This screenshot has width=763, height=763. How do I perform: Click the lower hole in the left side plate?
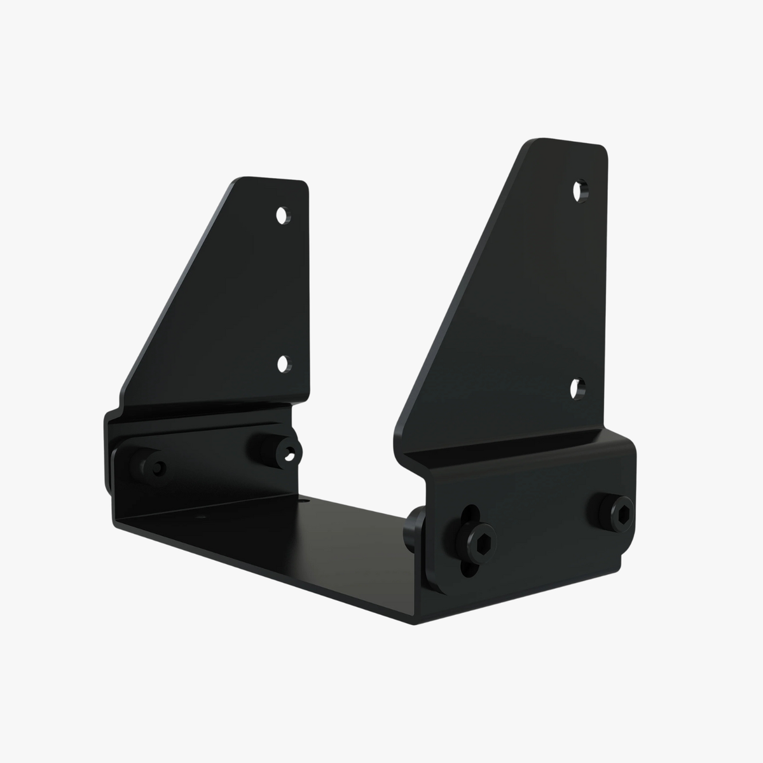point(282,364)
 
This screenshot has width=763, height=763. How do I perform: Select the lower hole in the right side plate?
point(578,388)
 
